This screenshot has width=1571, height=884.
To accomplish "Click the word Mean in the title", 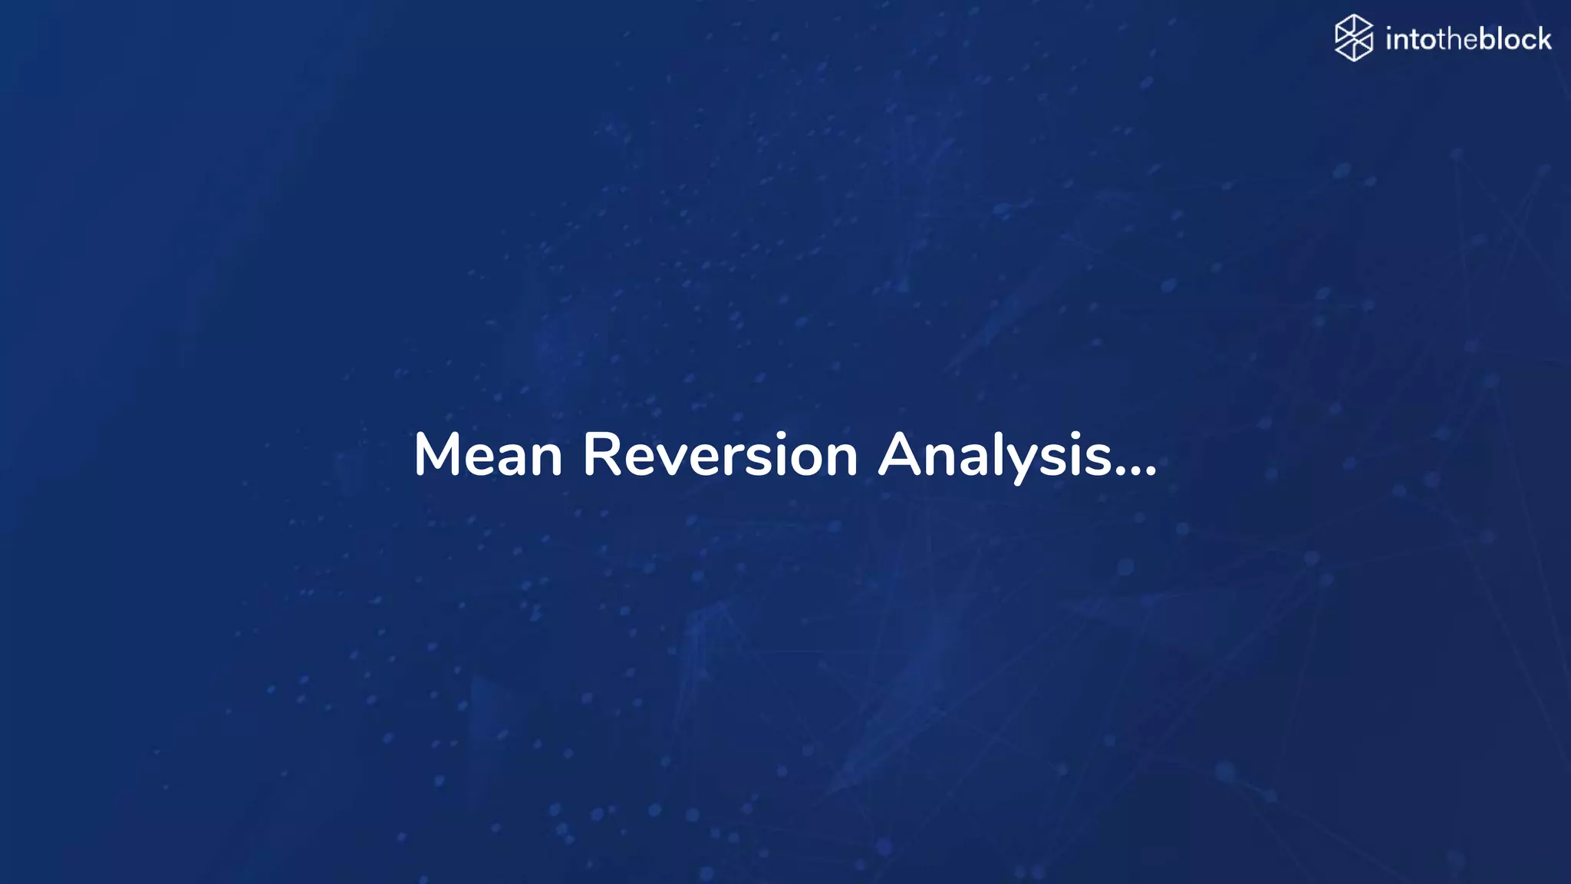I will click(488, 455).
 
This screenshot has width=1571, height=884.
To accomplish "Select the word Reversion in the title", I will click(720, 455).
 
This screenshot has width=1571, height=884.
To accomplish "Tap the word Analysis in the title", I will click(995, 455).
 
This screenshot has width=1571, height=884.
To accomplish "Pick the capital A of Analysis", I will click(899, 455).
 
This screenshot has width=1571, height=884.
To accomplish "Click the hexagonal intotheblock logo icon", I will click(1353, 38).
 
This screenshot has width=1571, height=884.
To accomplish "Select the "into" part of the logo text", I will click(1411, 39).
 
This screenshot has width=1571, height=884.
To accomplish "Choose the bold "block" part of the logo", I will click(1515, 38).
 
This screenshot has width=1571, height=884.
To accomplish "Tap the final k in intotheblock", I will click(1543, 38).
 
